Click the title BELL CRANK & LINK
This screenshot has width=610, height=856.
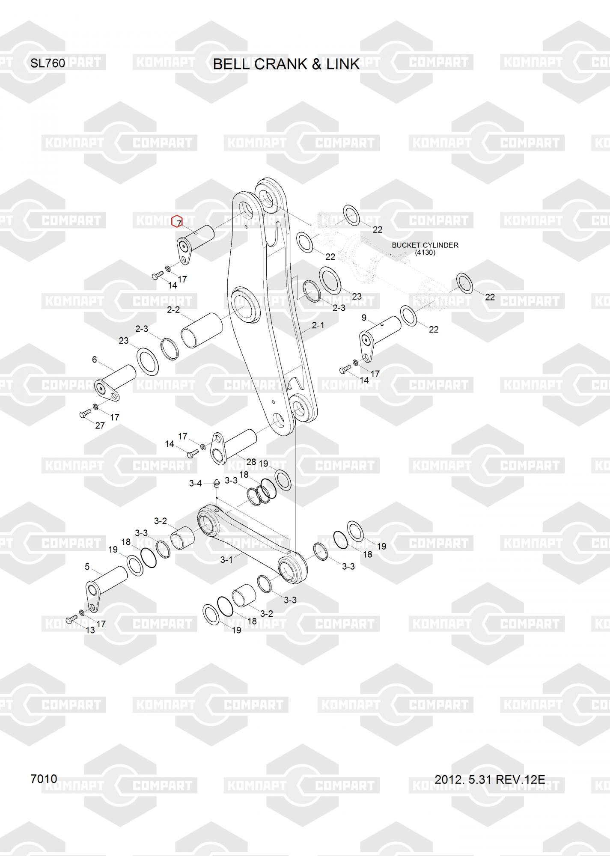click(286, 64)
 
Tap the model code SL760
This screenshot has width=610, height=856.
click(48, 63)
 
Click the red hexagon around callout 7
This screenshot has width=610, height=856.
click(177, 222)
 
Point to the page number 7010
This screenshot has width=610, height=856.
click(44, 779)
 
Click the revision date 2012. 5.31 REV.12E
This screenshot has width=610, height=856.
click(490, 779)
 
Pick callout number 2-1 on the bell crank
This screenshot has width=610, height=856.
click(318, 325)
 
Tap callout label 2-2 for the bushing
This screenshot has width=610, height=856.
click(173, 309)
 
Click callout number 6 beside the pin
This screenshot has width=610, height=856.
click(95, 360)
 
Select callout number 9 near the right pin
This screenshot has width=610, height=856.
click(364, 318)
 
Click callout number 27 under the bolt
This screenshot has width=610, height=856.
click(100, 426)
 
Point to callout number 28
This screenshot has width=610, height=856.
click(251, 462)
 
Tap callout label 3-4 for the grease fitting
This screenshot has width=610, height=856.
click(195, 483)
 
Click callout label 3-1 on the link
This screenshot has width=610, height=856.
click(226, 559)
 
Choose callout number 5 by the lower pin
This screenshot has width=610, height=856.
click(87, 567)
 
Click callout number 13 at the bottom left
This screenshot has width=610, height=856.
click(90, 630)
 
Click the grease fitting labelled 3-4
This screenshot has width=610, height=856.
click(217, 484)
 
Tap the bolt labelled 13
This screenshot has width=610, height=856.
click(71, 619)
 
